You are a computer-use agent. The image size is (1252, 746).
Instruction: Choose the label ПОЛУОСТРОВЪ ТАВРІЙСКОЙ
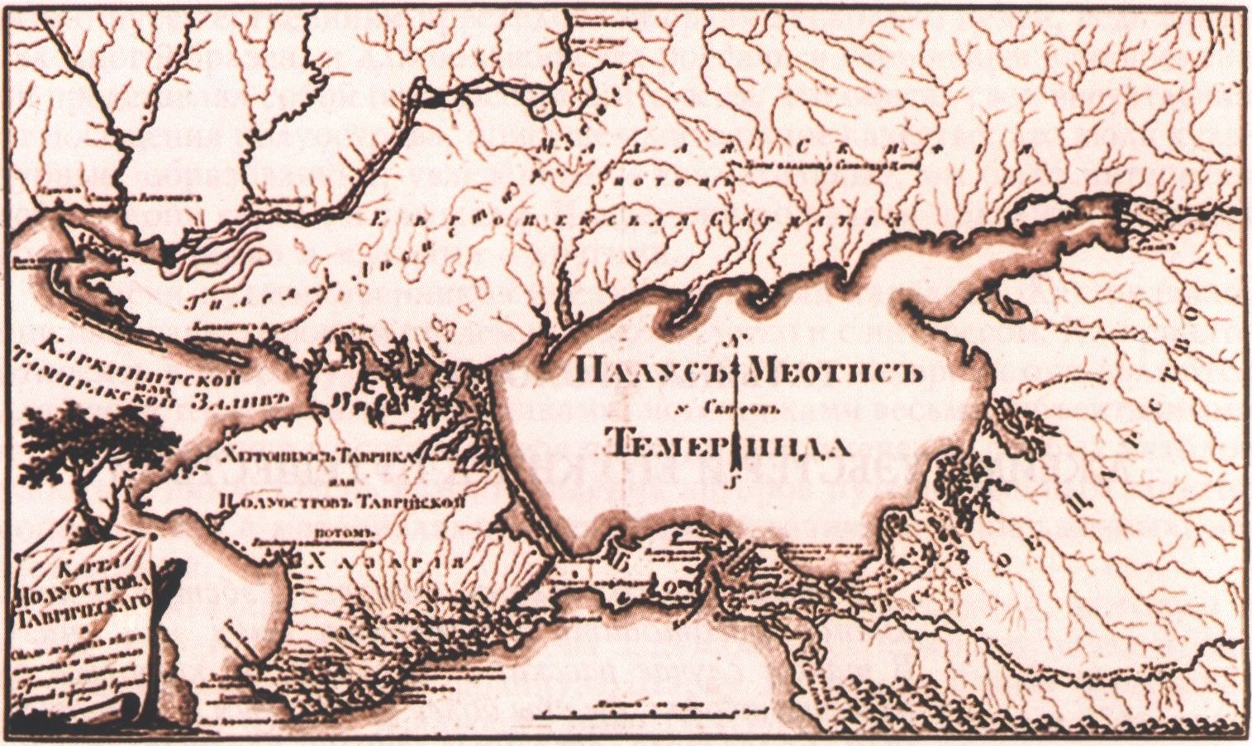pyautogui.click(x=339, y=499)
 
